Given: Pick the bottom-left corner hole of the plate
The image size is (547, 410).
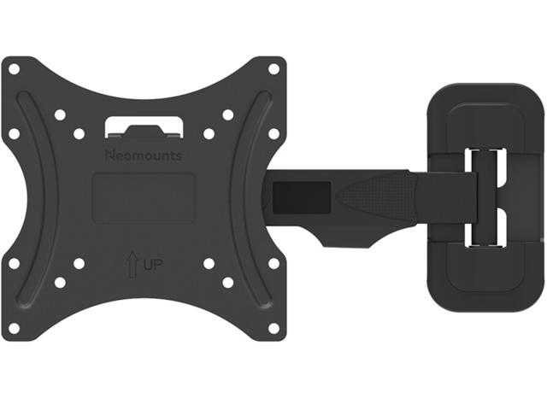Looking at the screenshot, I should tap(13, 327).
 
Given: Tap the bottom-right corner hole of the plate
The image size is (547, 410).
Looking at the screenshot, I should tap(273, 327).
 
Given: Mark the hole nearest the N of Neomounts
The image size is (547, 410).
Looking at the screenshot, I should tap(79, 134).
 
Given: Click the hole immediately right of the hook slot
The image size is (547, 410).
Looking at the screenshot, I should tap(209, 134).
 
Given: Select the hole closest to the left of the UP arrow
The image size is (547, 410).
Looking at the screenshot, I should tap(79, 263).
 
